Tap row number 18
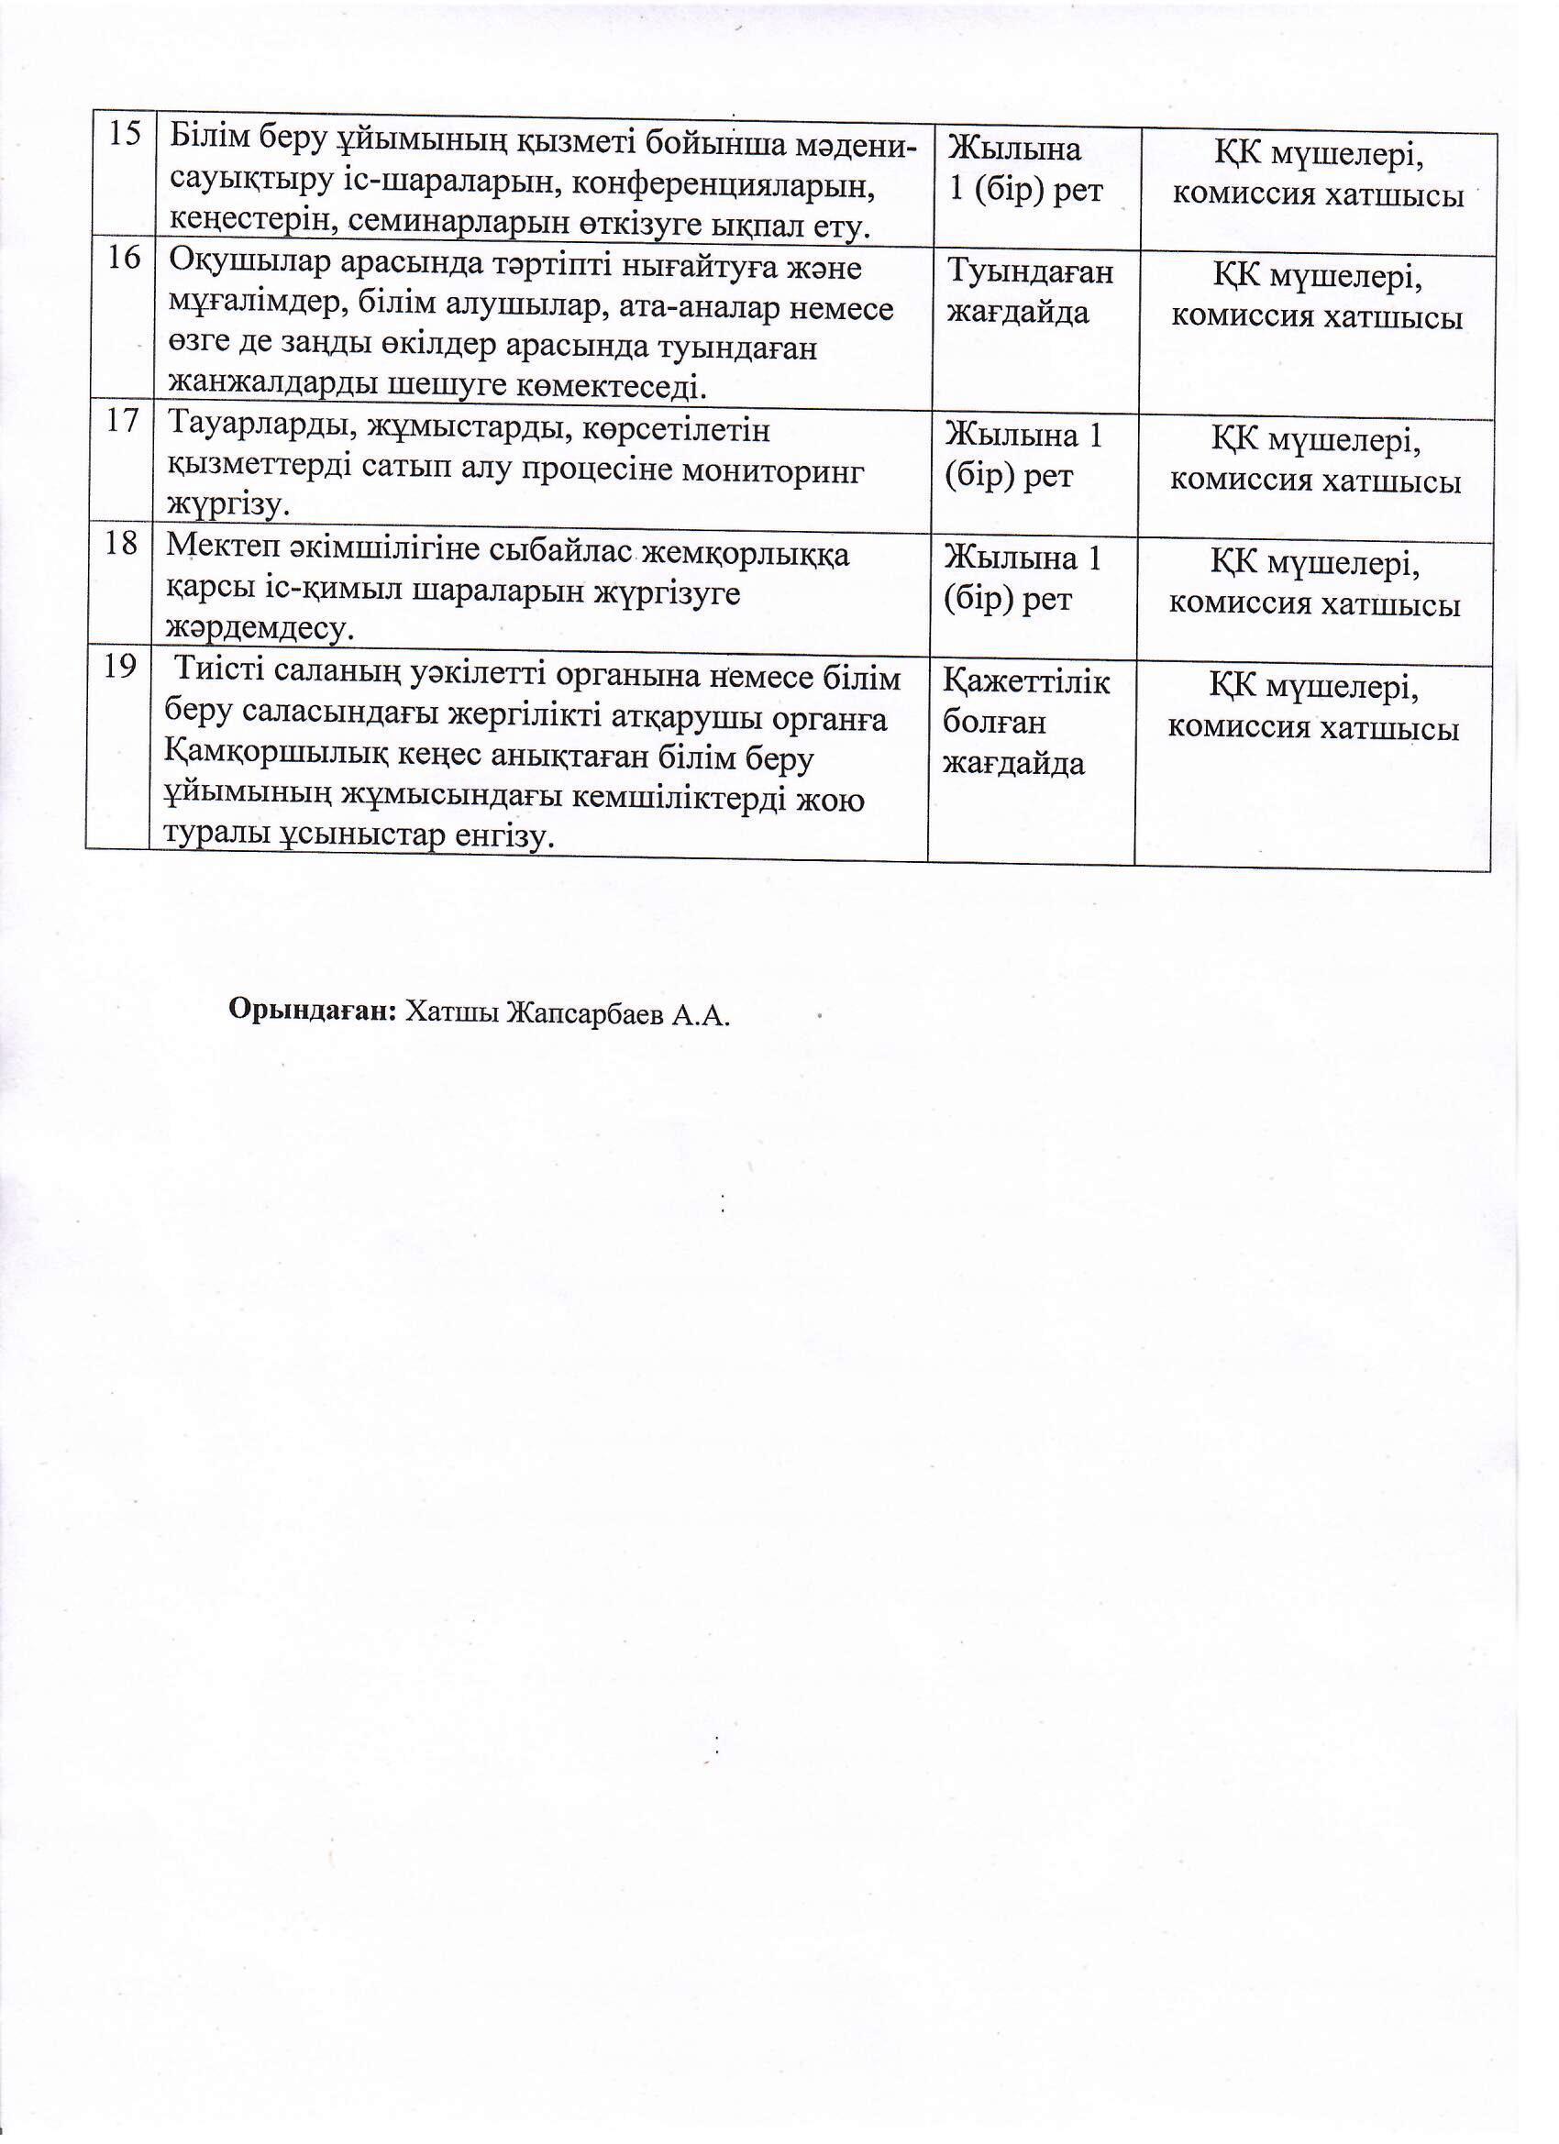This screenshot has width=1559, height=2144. tap(121, 544)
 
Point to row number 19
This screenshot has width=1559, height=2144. tap(119, 668)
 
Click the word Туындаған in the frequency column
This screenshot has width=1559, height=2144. tap(1030, 272)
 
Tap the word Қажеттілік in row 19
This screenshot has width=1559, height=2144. tap(1026, 682)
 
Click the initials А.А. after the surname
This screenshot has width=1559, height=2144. tap(702, 1014)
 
